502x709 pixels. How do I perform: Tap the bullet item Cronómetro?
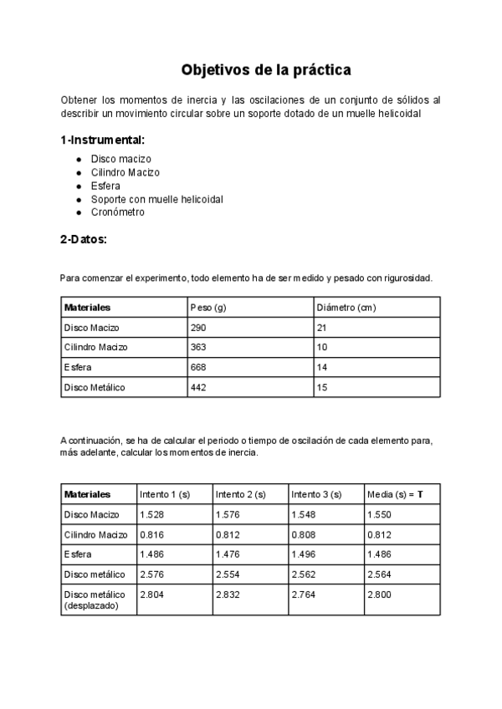pyautogui.click(x=117, y=212)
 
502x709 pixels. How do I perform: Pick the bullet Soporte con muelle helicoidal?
pyautogui.click(x=156, y=199)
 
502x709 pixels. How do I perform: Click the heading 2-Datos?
pyautogui.click(x=83, y=239)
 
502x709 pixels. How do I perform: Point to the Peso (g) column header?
pyautogui.click(x=209, y=308)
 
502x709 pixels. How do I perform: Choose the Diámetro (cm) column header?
pyautogui.click(x=346, y=308)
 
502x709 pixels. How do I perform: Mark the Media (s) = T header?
pyautogui.click(x=395, y=494)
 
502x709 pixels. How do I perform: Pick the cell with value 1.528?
pyautogui.click(x=152, y=514)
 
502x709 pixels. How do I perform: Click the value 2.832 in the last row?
pyautogui.click(x=228, y=594)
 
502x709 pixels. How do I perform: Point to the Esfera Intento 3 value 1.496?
pyautogui.click(x=304, y=554)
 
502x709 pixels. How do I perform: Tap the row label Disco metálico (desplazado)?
pyautogui.click(x=95, y=599)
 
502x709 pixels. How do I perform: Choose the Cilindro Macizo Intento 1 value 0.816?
pyautogui.click(x=152, y=534)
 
